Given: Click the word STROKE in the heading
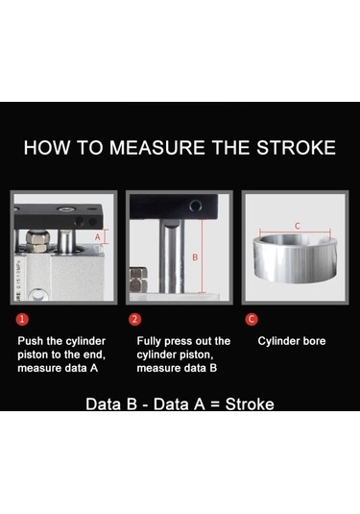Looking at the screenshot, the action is click(x=296, y=148).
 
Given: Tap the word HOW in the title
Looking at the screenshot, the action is click(x=47, y=148).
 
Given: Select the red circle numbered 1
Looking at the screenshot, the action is click(x=22, y=319).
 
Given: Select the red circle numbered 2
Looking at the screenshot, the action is click(x=135, y=319).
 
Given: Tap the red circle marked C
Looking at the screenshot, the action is click(x=252, y=319).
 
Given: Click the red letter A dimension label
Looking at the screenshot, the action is click(x=98, y=237).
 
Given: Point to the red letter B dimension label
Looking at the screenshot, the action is click(x=195, y=257).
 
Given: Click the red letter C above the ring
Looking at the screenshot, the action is click(x=297, y=226).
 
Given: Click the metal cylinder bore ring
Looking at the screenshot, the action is click(x=295, y=258).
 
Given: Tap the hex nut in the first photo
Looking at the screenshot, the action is click(x=37, y=241).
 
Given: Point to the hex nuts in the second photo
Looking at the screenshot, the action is click(x=138, y=281).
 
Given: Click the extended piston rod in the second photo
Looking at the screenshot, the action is click(x=172, y=257).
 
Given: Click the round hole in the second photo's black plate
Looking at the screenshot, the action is click(x=196, y=207).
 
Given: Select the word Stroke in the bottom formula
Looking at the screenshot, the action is click(x=250, y=404).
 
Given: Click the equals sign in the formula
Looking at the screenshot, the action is click(x=214, y=404).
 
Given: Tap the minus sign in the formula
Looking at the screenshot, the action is click(x=145, y=405).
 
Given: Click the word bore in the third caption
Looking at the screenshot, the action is click(x=314, y=341).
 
